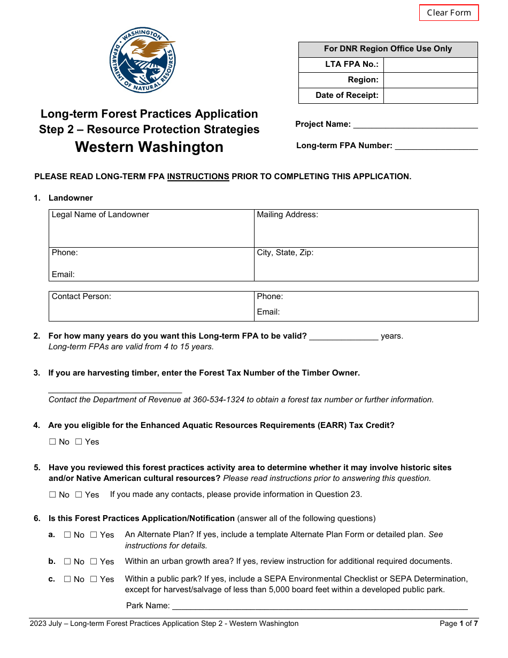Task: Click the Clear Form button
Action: tap(449, 13)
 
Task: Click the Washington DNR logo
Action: tap(143, 60)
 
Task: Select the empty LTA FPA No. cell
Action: tap(430, 65)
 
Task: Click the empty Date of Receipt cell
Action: tap(430, 96)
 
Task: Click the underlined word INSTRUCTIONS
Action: tap(198, 177)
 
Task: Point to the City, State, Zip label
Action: tap(285, 253)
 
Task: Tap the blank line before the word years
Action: tap(344, 336)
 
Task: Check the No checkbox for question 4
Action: tap(52, 442)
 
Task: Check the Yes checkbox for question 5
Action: tap(79, 495)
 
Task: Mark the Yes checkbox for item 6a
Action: tap(94, 535)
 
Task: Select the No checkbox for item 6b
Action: tap(67, 562)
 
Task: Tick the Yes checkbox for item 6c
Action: tap(94, 579)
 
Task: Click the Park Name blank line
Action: tap(319, 606)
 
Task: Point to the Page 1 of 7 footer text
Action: tap(458, 624)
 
